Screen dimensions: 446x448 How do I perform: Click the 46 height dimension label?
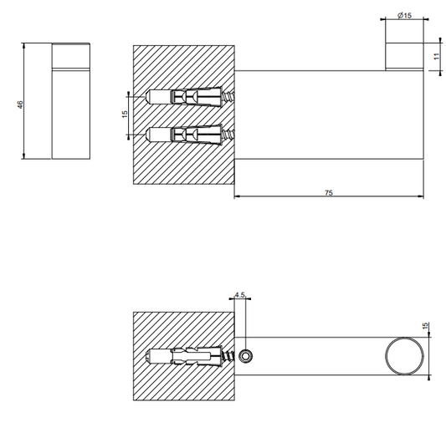(20, 104)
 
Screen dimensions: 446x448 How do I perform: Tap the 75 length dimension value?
(329, 193)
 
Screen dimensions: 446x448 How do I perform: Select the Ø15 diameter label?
(404, 15)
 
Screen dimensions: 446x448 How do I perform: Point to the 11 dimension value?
(436, 56)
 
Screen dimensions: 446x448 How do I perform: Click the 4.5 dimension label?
(240, 294)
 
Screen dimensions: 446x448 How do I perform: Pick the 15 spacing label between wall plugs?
(125, 115)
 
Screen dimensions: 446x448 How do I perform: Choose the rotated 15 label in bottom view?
(425, 325)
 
